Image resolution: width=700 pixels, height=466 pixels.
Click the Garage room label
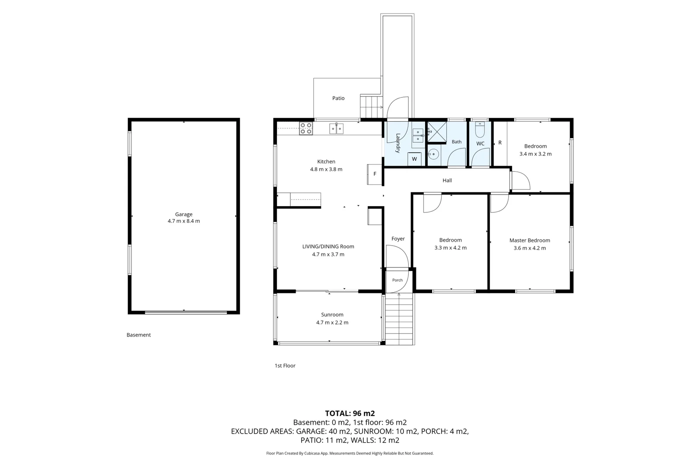(184, 214)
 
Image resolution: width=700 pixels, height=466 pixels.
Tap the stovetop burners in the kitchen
(306, 129)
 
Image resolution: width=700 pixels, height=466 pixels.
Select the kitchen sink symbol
(336, 129)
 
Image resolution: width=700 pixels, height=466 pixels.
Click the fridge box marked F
(375, 174)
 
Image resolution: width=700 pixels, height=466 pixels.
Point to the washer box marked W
(415, 159)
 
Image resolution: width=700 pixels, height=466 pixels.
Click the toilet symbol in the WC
(480, 130)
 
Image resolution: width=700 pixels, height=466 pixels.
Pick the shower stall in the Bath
(437, 132)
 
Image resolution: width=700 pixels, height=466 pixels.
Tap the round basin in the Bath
(433, 154)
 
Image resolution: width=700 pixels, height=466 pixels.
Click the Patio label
(338, 98)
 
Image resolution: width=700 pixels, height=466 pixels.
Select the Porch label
(397, 280)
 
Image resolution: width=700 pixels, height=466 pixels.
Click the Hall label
(447, 180)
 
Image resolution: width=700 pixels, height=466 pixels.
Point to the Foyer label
(398, 239)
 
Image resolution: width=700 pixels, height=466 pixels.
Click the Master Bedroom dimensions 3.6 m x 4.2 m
(530, 248)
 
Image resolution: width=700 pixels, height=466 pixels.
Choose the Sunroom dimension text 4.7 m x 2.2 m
(332, 322)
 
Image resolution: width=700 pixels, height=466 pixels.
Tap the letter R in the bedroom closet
(500, 143)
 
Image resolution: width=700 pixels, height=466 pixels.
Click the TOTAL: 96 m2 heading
(350, 413)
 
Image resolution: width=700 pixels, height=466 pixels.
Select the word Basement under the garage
(138, 335)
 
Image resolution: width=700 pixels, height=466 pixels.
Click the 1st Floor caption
(285, 365)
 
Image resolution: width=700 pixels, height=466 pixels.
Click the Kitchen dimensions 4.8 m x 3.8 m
(326, 170)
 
